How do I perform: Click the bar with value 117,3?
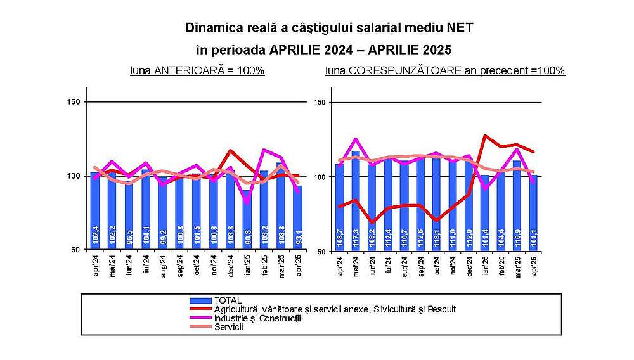coord(356,203)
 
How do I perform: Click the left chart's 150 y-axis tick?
coord(74,102)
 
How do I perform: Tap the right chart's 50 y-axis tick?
coord(320,251)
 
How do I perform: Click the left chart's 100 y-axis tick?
coord(74,176)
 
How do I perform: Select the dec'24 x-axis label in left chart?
coord(230,265)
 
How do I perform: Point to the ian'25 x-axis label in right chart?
coord(485,265)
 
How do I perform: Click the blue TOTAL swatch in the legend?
coord(201,300)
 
